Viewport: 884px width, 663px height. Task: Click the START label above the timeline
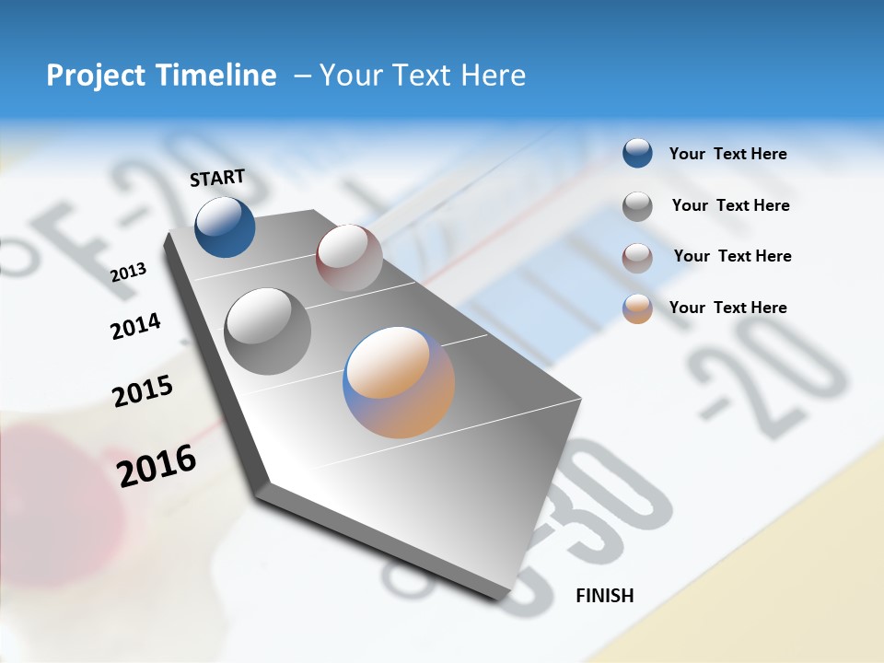click(x=217, y=178)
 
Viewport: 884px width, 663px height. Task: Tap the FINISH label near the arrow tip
click(x=604, y=596)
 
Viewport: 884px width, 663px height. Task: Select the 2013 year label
click(x=128, y=272)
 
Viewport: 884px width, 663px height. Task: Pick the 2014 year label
click(x=135, y=327)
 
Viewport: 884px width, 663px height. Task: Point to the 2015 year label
click(x=143, y=391)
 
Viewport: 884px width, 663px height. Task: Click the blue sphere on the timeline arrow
click(x=225, y=227)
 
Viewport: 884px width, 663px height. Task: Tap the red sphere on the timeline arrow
click(x=349, y=258)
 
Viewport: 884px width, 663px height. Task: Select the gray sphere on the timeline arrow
click(x=268, y=331)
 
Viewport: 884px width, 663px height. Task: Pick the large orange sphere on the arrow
click(x=399, y=382)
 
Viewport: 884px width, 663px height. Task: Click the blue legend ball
click(x=637, y=153)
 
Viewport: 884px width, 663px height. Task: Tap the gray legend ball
click(x=637, y=206)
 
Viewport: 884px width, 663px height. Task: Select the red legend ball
click(x=637, y=257)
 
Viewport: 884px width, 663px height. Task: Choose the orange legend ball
click(x=637, y=308)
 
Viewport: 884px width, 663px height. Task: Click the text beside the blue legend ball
click(x=727, y=154)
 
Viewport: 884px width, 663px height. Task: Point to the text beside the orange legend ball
click(x=727, y=308)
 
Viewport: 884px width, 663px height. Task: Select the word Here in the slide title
click(x=493, y=76)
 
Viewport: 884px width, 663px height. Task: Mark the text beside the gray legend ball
click(x=730, y=205)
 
